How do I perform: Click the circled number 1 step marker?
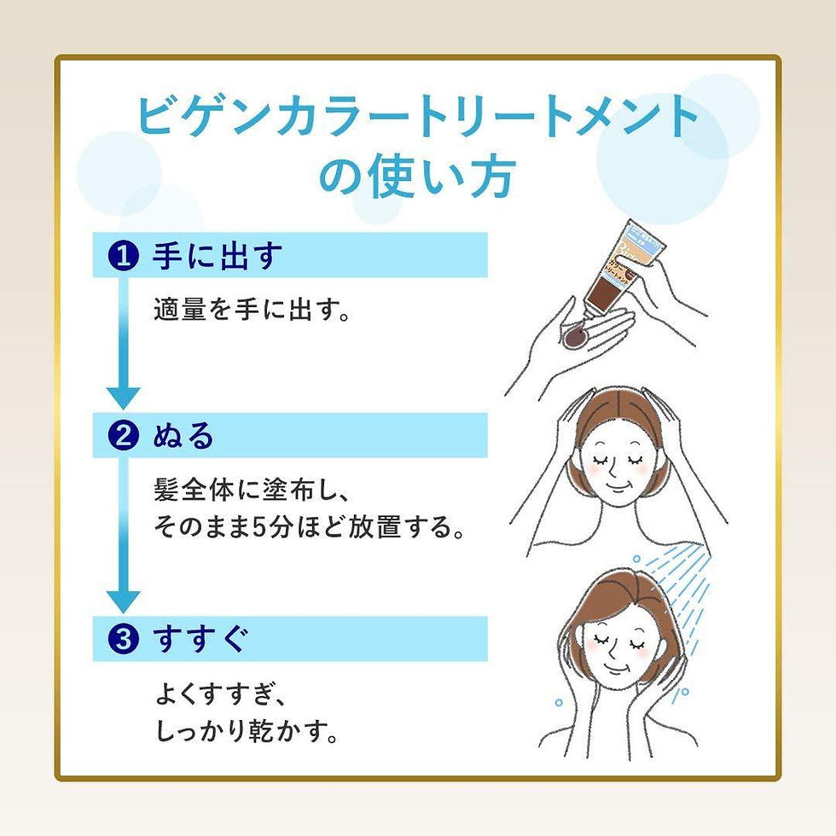coord(125,256)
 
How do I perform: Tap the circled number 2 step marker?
coord(125,437)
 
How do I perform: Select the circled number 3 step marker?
coord(125,640)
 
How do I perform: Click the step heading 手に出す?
coord(216,256)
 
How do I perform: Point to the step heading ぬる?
coord(183,437)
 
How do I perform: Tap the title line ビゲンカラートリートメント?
coord(418,118)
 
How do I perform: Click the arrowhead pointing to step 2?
coord(124,397)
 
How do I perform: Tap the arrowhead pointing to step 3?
coord(124,600)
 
